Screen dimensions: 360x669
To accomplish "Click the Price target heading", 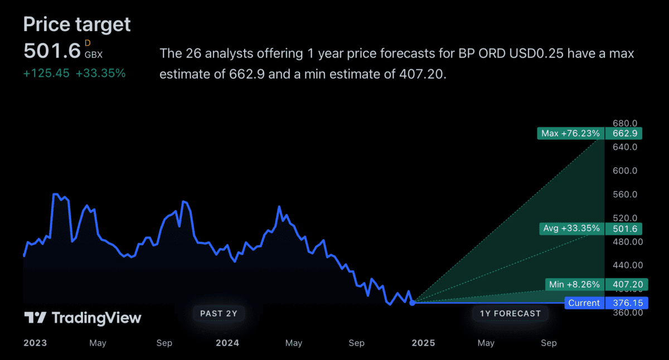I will (77, 24).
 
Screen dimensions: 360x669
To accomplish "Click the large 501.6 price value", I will (52, 51).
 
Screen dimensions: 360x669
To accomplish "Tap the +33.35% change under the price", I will (101, 73).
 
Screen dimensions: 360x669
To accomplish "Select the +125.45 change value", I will (46, 73).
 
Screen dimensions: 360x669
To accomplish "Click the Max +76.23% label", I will (571, 134).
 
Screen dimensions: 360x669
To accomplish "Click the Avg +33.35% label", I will (572, 228).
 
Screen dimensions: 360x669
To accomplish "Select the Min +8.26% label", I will (575, 285).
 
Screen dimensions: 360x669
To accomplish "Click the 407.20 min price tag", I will (627, 285).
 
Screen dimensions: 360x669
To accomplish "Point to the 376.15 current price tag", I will (627, 303).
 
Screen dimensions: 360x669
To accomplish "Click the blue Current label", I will (584, 303).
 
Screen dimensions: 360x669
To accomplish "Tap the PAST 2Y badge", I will (219, 313).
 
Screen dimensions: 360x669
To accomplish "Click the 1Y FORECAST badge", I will (510, 313).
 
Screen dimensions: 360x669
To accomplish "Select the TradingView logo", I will (83, 318).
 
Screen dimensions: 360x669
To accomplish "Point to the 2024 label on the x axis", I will (227, 343).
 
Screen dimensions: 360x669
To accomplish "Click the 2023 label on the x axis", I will (35, 343).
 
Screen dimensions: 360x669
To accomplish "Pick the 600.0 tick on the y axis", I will (624, 171).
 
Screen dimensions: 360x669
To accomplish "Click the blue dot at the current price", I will (412, 303).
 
